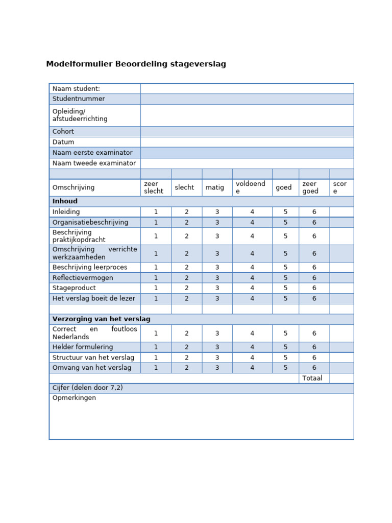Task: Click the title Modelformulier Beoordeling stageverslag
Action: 136,64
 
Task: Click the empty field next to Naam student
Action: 247,89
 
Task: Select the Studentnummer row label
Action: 79,99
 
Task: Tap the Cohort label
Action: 63,132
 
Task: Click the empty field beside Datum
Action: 247,142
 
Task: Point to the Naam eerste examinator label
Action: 92,153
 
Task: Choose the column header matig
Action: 215,187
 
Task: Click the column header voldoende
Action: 251,187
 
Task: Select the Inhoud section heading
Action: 65,201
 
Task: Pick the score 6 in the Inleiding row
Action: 314,212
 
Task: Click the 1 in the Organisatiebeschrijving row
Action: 156,223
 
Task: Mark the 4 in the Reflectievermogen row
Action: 252,278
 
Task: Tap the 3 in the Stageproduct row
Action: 217,288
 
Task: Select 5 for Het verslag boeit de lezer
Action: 286,298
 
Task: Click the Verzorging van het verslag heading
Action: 101,319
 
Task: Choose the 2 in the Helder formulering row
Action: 187,347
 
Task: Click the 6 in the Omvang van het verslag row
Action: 314,368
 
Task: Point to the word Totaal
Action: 312,378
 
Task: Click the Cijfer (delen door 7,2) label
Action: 87,388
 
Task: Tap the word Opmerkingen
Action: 74,398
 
